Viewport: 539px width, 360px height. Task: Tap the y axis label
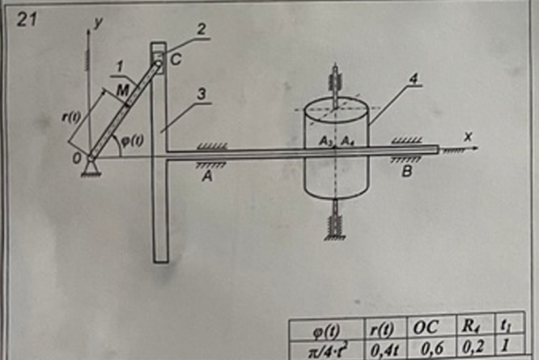tap(98, 24)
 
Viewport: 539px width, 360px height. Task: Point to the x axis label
tap(467, 138)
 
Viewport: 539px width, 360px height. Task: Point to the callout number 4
tap(391, 80)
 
